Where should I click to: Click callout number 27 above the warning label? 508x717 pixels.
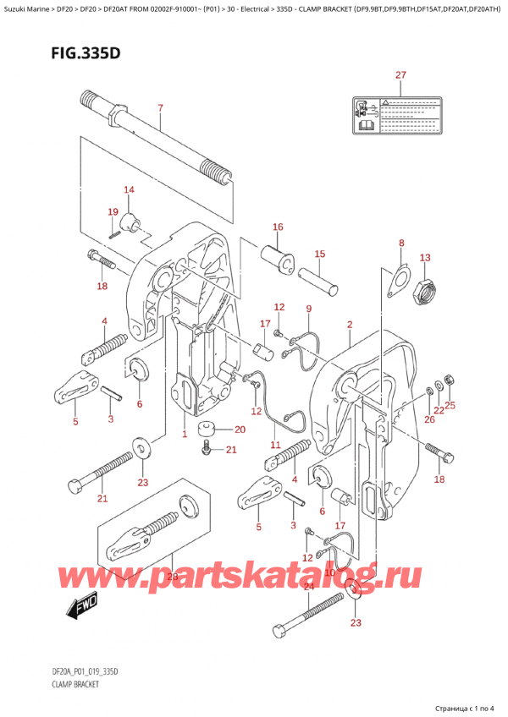point(400,75)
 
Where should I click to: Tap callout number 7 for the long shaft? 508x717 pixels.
point(159,107)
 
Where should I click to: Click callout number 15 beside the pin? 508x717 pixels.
point(319,254)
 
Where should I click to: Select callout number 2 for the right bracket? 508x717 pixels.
point(349,325)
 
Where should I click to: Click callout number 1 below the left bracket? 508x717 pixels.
point(184,434)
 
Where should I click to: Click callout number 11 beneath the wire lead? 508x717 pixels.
point(274,445)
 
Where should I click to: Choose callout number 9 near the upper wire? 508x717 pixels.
point(309,309)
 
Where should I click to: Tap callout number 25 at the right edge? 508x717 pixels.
point(450,405)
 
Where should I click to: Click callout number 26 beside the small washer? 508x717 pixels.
point(428,419)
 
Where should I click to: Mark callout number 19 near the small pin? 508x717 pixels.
point(113,211)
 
